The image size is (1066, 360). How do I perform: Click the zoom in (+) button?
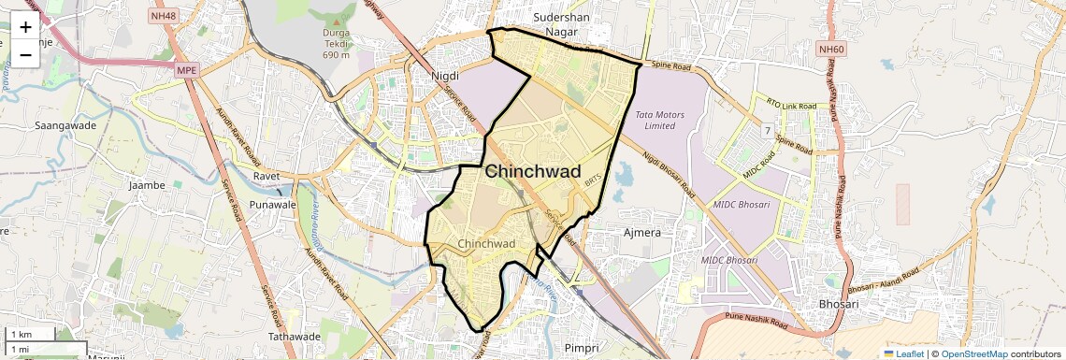click(25, 27)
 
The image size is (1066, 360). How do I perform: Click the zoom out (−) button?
click(25, 55)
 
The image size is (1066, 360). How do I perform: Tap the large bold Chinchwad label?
click(533, 172)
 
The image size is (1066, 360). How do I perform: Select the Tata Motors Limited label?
click(660, 120)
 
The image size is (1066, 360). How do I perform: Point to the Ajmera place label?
click(642, 232)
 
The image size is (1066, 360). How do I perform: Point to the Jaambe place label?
click(147, 185)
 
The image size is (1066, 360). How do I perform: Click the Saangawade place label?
click(60, 124)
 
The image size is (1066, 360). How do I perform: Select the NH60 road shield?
click(829, 49)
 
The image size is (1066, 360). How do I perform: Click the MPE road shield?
click(187, 69)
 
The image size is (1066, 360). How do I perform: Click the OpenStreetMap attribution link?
click(973, 353)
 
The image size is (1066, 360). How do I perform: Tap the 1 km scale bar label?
click(21, 334)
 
